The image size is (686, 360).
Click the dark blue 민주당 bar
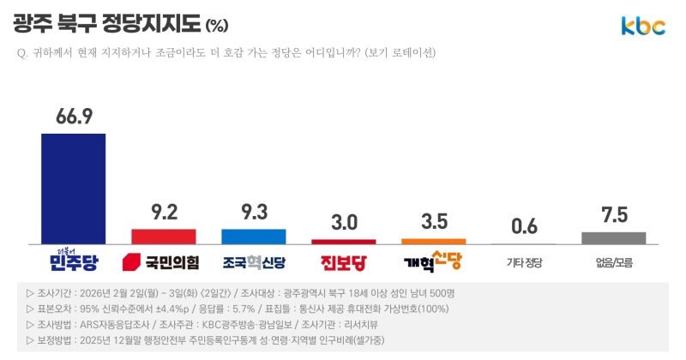pyautogui.click(x=74, y=189)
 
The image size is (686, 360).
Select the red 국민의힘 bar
pyautogui.click(x=164, y=236)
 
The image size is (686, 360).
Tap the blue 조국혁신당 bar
pyautogui.click(x=254, y=236)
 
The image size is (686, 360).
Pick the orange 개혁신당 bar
pyautogui.click(x=434, y=241)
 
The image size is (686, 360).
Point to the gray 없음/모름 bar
pyautogui.click(x=614, y=237)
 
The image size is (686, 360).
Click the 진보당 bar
pyautogui.click(x=344, y=242)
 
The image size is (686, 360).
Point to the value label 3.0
pyautogui.click(x=344, y=222)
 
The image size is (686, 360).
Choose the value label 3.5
pyautogui.click(x=434, y=221)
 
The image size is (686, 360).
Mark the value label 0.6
pyautogui.click(x=524, y=226)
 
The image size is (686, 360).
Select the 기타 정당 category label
pyautogui.click(x=524, y=261)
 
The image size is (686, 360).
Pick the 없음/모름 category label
pyautogui.click(x=614, y=261)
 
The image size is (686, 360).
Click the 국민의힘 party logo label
pyautogui.click(x=162, y=261)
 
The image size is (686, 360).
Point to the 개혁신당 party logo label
pyautogui.click(x=434, y=260)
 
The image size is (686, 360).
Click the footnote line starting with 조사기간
pyautogui.click(x=240, y=293)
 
